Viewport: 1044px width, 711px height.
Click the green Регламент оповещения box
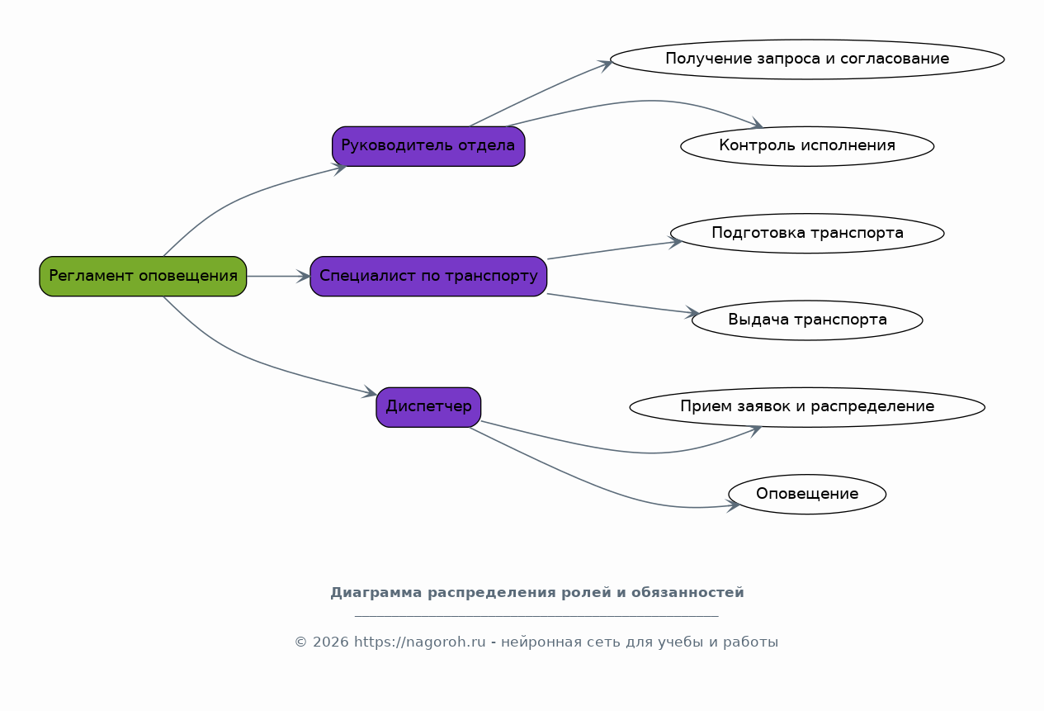click(x=143, y=276)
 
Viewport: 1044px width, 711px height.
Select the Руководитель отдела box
click(x=428, y=146)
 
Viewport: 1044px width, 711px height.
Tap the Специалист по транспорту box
click(x=428, y=276)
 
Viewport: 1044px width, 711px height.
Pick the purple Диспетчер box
click(x=428, y=407)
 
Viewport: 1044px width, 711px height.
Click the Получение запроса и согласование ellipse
click(x=807, y=59)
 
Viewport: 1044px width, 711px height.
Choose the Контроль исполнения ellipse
click(x=807, y=146)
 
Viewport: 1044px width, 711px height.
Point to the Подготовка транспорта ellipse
click(x=807, y=233)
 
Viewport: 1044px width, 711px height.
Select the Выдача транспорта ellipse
click(x=807, y=320)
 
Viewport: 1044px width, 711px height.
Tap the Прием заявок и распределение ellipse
click(x=807, y=407)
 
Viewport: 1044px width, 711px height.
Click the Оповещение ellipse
click(x=807, y=494)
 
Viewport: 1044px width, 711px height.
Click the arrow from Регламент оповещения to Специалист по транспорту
click(x=278, y=276)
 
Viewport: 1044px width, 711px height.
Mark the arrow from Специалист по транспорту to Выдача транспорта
click(x=623, y=304)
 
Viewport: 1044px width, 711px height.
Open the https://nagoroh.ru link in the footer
click(x=419, y=642)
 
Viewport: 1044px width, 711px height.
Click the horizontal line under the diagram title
click(x=536, y=616)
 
